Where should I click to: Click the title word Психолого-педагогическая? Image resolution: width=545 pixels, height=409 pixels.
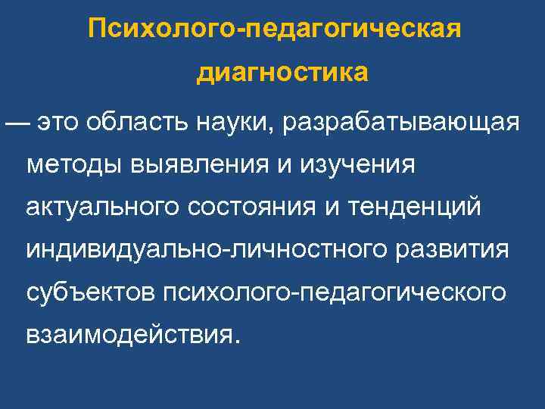[273, 31]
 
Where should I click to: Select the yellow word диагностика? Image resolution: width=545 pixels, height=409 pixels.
[282, 73]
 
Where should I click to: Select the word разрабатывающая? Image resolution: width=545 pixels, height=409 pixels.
[401, 123]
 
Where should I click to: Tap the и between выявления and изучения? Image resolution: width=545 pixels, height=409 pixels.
[282, 164]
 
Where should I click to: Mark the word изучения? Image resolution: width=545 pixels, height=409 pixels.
[356, 164]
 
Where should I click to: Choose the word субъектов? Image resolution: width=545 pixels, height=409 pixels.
[90, 291]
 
